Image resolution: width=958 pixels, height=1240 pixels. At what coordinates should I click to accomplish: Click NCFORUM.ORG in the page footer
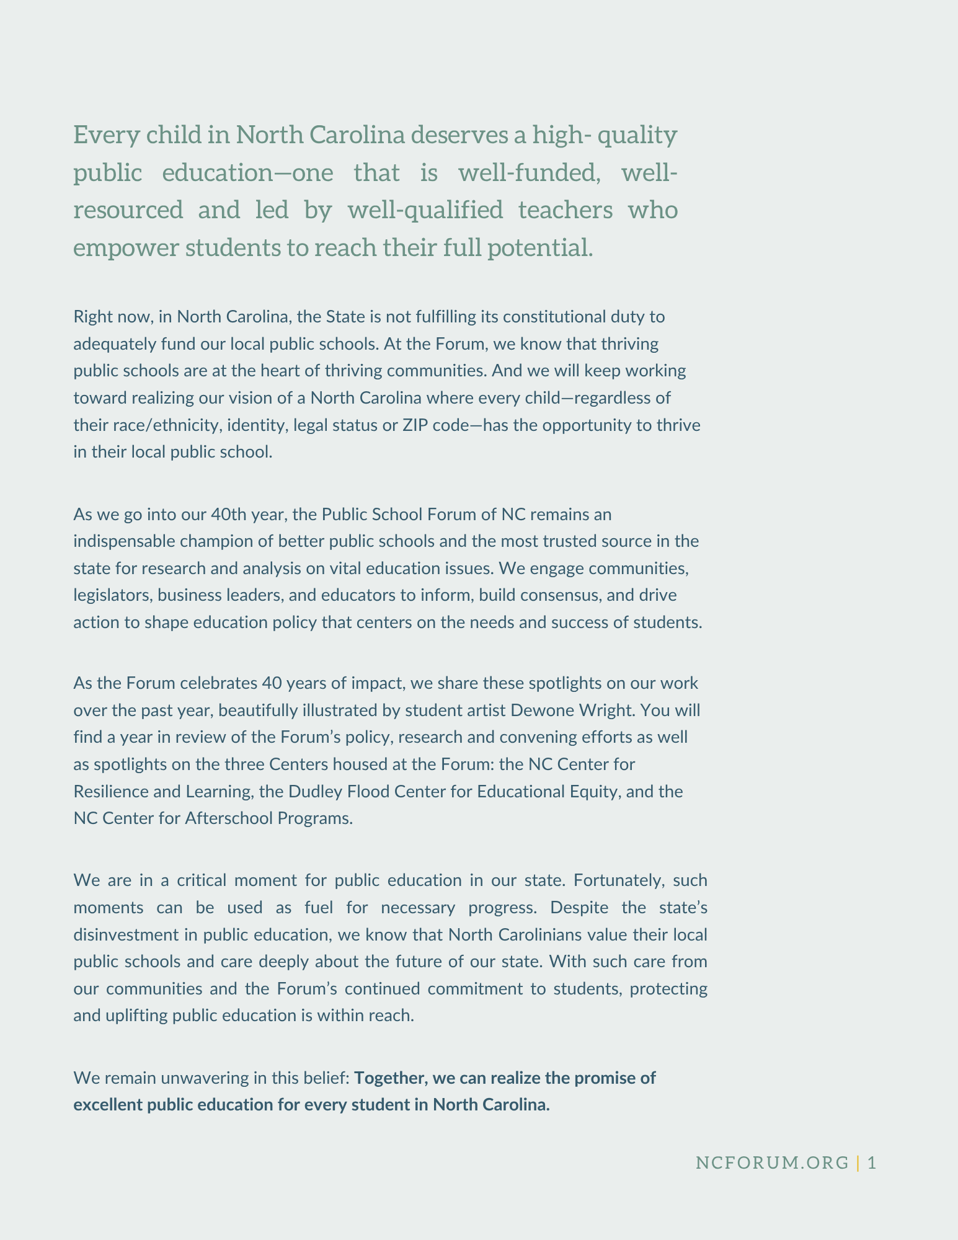[772, 1162]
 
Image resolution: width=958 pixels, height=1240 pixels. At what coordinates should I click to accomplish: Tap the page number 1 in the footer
[872, 1162]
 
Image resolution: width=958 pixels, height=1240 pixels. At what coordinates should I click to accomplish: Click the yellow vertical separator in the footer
[858, 1162]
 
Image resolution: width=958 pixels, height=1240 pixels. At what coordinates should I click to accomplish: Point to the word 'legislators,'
[113, 595]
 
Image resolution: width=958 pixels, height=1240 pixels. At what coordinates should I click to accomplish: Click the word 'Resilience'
[108, 791]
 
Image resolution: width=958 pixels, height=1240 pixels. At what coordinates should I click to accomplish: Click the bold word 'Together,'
[391, 1078]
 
